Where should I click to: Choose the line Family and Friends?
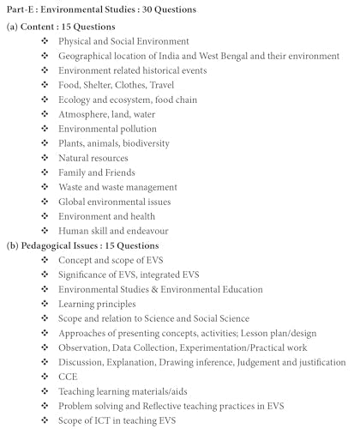[x=97, y=172]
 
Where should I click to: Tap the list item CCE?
[x=68, y=376]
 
